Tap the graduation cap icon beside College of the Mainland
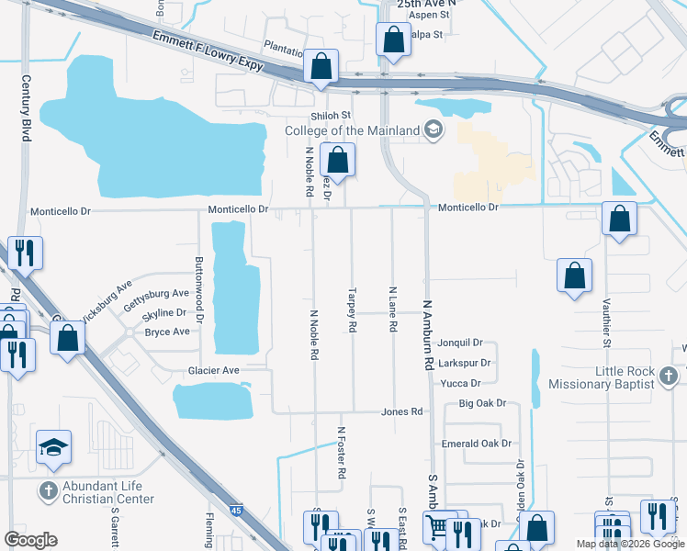coord(433,130)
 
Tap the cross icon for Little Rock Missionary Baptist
coord(668,377)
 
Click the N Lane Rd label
coord(392,309)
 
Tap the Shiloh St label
coord(331,115)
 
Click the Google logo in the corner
coord(30,539)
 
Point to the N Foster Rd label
coord(341,452)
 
